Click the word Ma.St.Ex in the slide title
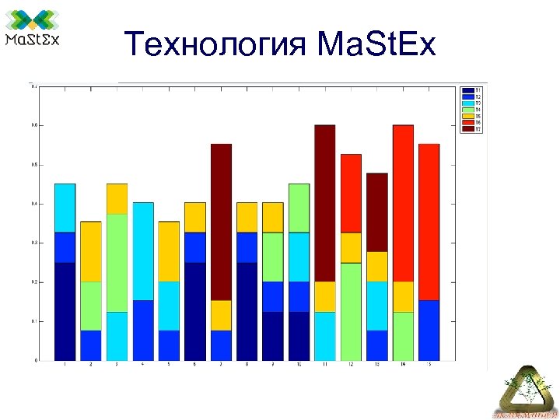click(x=376, y=44)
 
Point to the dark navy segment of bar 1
click(x=65, y=311)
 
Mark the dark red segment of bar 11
click(x=324, y=202)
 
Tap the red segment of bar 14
click(x=403, y=202)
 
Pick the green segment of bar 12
click(x=351, y=311)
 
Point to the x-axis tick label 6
click(x=195, y=364)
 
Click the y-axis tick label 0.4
click(x=33, y=204)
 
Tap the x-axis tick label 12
click(x=351, y=364)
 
